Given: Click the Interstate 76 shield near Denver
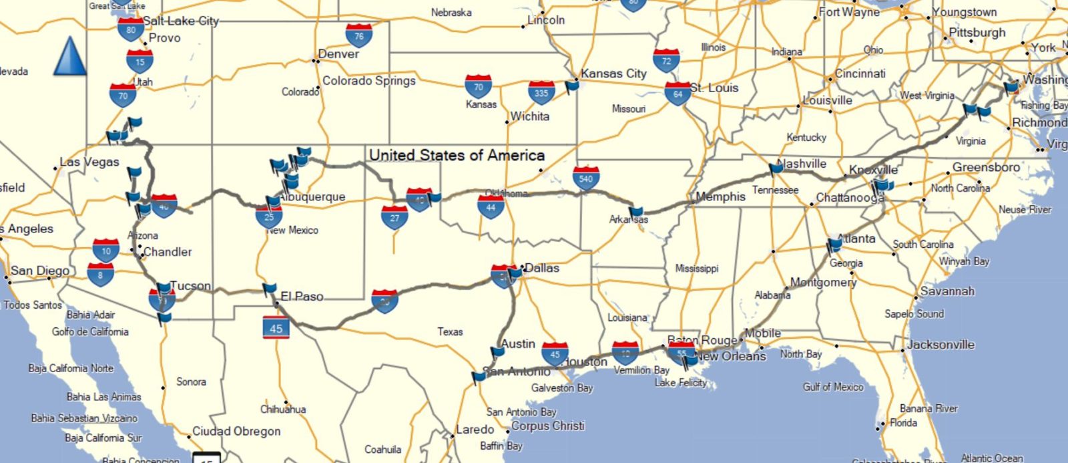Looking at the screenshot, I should click(359, 35).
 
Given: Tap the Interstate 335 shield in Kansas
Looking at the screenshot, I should click(541, 93).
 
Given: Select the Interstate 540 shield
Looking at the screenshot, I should click(586, 178).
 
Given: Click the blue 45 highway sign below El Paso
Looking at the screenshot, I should click(276, 327).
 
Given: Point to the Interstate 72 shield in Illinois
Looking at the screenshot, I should click(666, 61).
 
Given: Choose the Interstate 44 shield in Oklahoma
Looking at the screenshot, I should click(491, 207).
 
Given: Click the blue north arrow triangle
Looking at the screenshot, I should click(69, 56).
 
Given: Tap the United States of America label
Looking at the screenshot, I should click(457, 156).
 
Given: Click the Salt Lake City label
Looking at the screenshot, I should click(181, 21).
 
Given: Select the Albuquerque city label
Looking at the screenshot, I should click(312, 197).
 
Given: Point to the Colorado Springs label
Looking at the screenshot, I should click(369, 81).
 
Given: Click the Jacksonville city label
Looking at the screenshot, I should click(941, 345).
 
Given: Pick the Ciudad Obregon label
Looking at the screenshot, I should click(236, 432).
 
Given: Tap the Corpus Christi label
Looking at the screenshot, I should click(547, 426).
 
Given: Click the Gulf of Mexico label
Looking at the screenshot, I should click(833, 387).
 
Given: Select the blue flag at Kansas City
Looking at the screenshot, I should click(571, 86).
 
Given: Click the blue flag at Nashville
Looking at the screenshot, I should click(776, 168).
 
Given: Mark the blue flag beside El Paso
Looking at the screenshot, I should click(269, 289).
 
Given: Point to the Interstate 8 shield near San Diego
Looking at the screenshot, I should click(100, 274).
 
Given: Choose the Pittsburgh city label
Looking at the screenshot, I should click(977, 33).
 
